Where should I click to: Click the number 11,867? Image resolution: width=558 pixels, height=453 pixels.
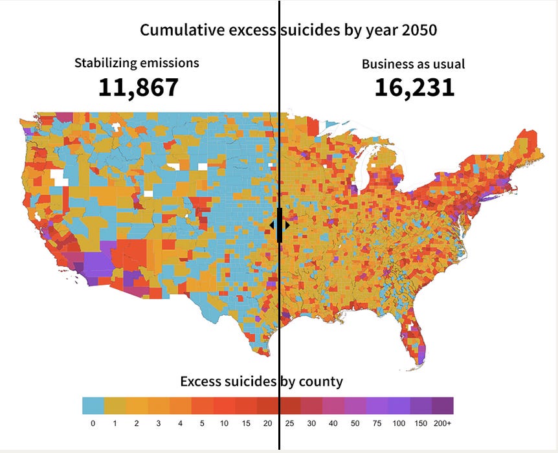(x=138, y=87)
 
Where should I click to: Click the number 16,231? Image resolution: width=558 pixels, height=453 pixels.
(x=414, y=87)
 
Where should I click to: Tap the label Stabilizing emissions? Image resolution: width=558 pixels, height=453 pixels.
(x=137, y=63)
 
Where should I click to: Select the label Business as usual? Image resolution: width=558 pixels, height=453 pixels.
(x=413, y=64)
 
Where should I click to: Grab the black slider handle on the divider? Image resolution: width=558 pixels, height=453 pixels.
(x=280, y=225)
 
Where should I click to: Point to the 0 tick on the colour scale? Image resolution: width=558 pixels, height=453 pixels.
(x=93, y=423)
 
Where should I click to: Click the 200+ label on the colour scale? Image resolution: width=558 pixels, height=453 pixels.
(x=442, y=423)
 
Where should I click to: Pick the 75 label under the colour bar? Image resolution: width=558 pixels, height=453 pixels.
(x=376, y=423)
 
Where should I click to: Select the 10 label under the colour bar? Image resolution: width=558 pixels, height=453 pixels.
(x=223, y=423)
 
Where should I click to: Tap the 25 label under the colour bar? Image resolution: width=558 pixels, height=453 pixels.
(x=289, y=423)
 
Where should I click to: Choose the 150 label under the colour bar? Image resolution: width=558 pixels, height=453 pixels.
(x=420, y=423)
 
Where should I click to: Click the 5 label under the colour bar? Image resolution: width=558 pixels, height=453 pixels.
(x=202, y=423)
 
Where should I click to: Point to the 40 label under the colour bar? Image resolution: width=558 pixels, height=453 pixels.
(x=333, y=423)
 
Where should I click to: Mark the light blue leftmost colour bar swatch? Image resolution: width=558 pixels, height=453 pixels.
(x=93, y=406)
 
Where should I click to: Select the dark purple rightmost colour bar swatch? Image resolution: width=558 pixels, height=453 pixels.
(x=442, y=406)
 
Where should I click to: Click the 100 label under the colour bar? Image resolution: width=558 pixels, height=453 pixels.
(x=398, y=423)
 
